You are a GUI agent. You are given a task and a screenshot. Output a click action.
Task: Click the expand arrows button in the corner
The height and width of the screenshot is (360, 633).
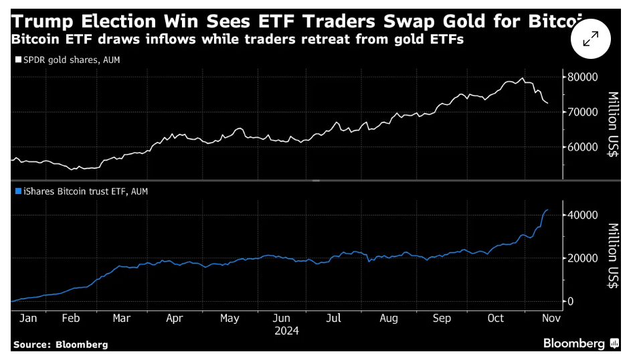[x=590, y=39]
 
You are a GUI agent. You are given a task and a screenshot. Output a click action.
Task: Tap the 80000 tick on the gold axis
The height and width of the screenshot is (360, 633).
[x=582, y=77]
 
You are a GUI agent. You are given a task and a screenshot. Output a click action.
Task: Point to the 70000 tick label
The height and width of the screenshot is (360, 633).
[x=582, y=112]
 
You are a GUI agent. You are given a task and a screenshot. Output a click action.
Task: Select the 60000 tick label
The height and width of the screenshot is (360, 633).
[x=582, y=147]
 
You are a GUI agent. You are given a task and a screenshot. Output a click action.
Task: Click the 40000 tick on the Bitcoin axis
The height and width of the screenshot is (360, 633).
[x=582, y=215]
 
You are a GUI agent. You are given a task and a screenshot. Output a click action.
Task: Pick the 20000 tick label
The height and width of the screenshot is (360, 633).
[x=582, y=258]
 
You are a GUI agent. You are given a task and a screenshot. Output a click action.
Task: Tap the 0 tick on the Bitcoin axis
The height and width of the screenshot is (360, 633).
[x=570, y=301]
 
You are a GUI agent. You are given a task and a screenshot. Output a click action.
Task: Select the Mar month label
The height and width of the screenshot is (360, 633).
[x=122, y=319]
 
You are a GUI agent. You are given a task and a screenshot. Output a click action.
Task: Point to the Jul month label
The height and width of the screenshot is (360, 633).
[x=333, y=319]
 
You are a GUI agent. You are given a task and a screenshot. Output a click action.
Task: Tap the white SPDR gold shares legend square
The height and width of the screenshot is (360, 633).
[x=17, y=60]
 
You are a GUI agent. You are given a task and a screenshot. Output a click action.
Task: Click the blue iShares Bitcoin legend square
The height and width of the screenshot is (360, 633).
[x=17, y=191]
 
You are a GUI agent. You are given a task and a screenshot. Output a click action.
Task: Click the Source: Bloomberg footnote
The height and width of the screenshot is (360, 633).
[x=60, y=344]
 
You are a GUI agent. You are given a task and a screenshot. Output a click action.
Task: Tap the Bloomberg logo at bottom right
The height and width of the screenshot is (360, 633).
[x=579, y=343]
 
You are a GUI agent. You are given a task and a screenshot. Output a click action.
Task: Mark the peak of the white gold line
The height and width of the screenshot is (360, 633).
[x=523, y=78]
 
